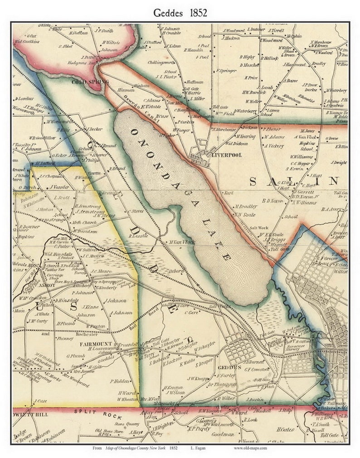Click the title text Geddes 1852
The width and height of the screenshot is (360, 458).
180,13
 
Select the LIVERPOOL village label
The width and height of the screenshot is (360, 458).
226,154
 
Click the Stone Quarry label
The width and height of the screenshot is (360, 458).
126,424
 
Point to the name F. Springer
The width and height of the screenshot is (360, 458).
226,71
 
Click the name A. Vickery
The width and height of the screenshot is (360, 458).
273,146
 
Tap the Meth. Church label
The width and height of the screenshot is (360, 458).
84,223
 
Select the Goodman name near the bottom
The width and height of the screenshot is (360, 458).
222,434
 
